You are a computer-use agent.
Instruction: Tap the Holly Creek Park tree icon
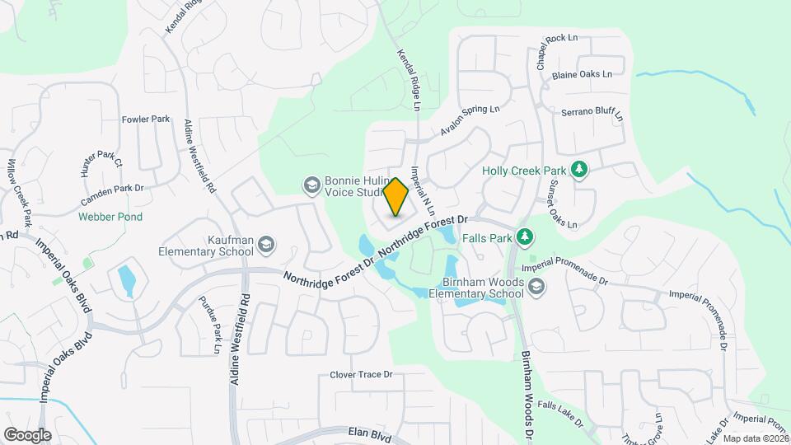[x=579, y=170]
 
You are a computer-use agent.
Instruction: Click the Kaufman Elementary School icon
[x=266, y=244]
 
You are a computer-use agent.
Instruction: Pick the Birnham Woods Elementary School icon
[x=536, y=286]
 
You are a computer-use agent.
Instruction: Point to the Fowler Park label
[x=145, y=119]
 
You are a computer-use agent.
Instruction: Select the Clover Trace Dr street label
[x=361, y=375]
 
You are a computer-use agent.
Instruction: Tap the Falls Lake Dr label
[x=560, y=415]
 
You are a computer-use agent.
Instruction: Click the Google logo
[x=27, y=434]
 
